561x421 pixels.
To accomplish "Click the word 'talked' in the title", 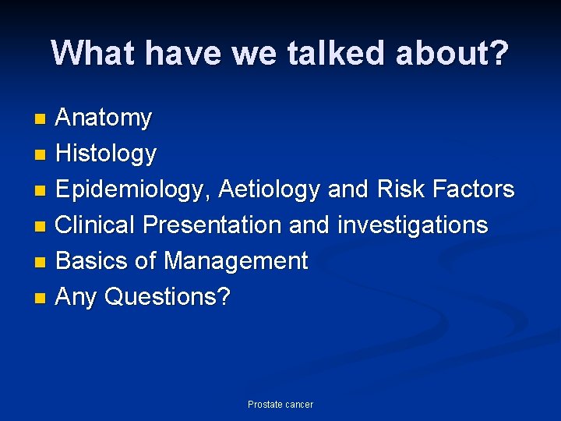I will click(338, 53).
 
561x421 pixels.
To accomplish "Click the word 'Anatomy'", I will click(104, 119).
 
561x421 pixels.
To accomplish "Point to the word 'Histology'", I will click(107, 154).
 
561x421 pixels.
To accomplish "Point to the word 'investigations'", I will click(413, 225).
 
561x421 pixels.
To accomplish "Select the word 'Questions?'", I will click(168, 297).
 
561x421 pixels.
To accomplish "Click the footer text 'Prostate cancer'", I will click(280, 405).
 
